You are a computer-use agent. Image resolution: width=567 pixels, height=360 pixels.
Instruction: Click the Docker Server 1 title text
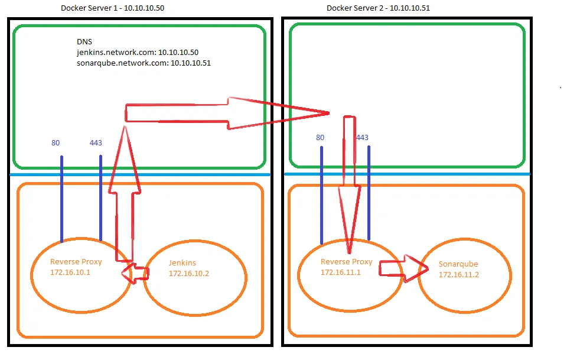click(112, 8)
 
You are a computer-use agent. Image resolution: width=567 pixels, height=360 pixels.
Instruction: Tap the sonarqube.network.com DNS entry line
click(144, 63)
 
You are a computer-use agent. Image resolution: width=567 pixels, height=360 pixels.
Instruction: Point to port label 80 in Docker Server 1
click(56, 142)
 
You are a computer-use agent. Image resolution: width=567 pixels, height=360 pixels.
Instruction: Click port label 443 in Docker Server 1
click(96, 142)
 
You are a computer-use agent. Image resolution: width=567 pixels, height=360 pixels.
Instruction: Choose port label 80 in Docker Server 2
click(320, 138)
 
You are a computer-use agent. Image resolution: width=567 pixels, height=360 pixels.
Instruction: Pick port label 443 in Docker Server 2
click(362, 138)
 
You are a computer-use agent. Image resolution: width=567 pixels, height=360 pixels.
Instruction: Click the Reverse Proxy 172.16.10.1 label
click(76, 267)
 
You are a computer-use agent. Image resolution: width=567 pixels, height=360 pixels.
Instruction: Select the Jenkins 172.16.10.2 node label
click(189, 268)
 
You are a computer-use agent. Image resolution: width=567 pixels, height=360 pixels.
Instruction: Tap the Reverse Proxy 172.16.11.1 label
click(346, 267)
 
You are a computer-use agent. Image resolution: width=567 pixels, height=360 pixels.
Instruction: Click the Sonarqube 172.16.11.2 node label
click(458, 270)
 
